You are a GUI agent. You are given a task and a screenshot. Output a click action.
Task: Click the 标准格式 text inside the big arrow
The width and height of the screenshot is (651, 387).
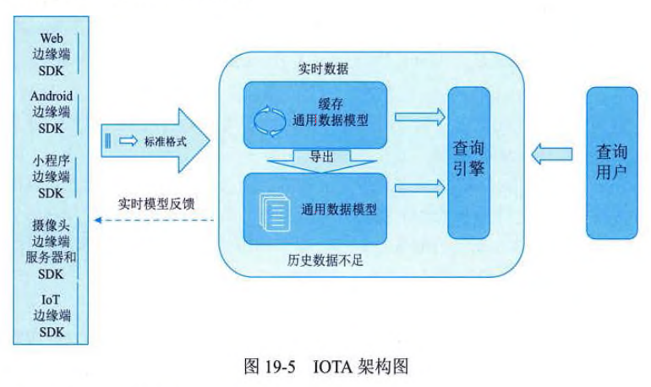166,139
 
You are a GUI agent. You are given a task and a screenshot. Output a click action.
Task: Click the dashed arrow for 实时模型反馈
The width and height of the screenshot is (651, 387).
152,221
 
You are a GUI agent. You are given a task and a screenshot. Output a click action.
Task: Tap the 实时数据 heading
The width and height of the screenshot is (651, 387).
323,68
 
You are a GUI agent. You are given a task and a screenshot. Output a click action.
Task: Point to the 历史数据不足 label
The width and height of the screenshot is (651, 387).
323,259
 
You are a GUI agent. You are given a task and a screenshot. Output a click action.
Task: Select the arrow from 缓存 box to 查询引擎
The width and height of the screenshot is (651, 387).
418,114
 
